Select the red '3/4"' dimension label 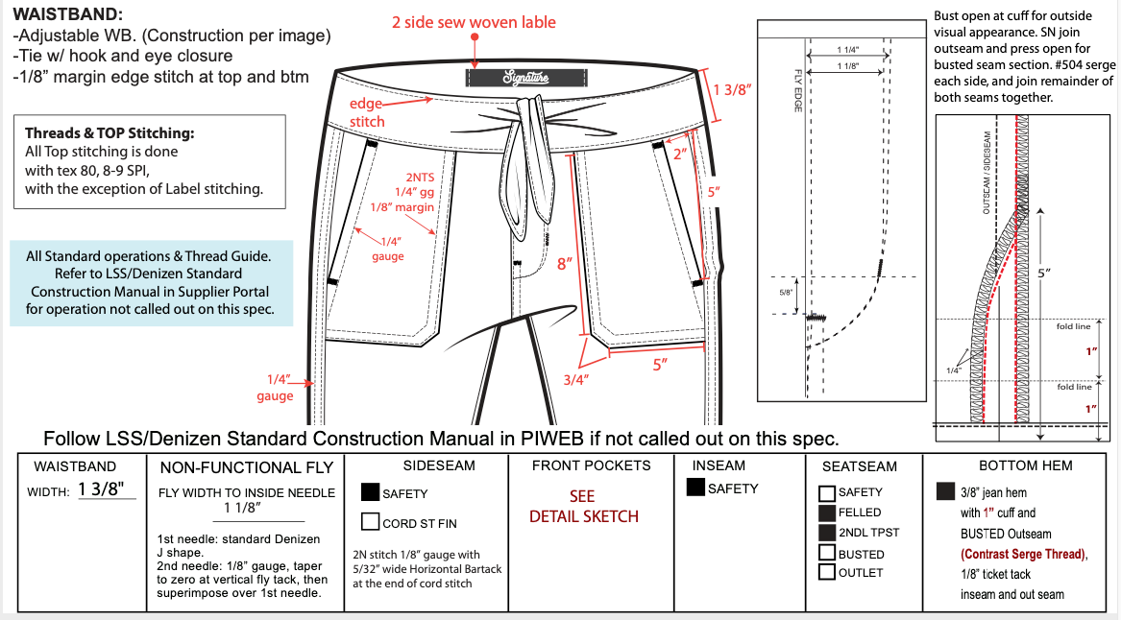[576, 380]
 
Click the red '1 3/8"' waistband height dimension [732, 91]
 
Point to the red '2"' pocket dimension [680, 154]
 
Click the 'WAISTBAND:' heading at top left [67, 15]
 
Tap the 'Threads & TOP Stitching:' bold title [110, 133]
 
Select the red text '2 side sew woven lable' [474, 22]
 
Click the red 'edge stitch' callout [366, 112]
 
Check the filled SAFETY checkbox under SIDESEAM [370, 493]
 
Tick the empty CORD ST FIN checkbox [370, 522]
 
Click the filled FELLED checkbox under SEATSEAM [826, 513]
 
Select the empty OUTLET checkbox [826, 573]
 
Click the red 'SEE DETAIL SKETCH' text [583, 507]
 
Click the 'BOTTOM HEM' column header [1026, 465]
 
